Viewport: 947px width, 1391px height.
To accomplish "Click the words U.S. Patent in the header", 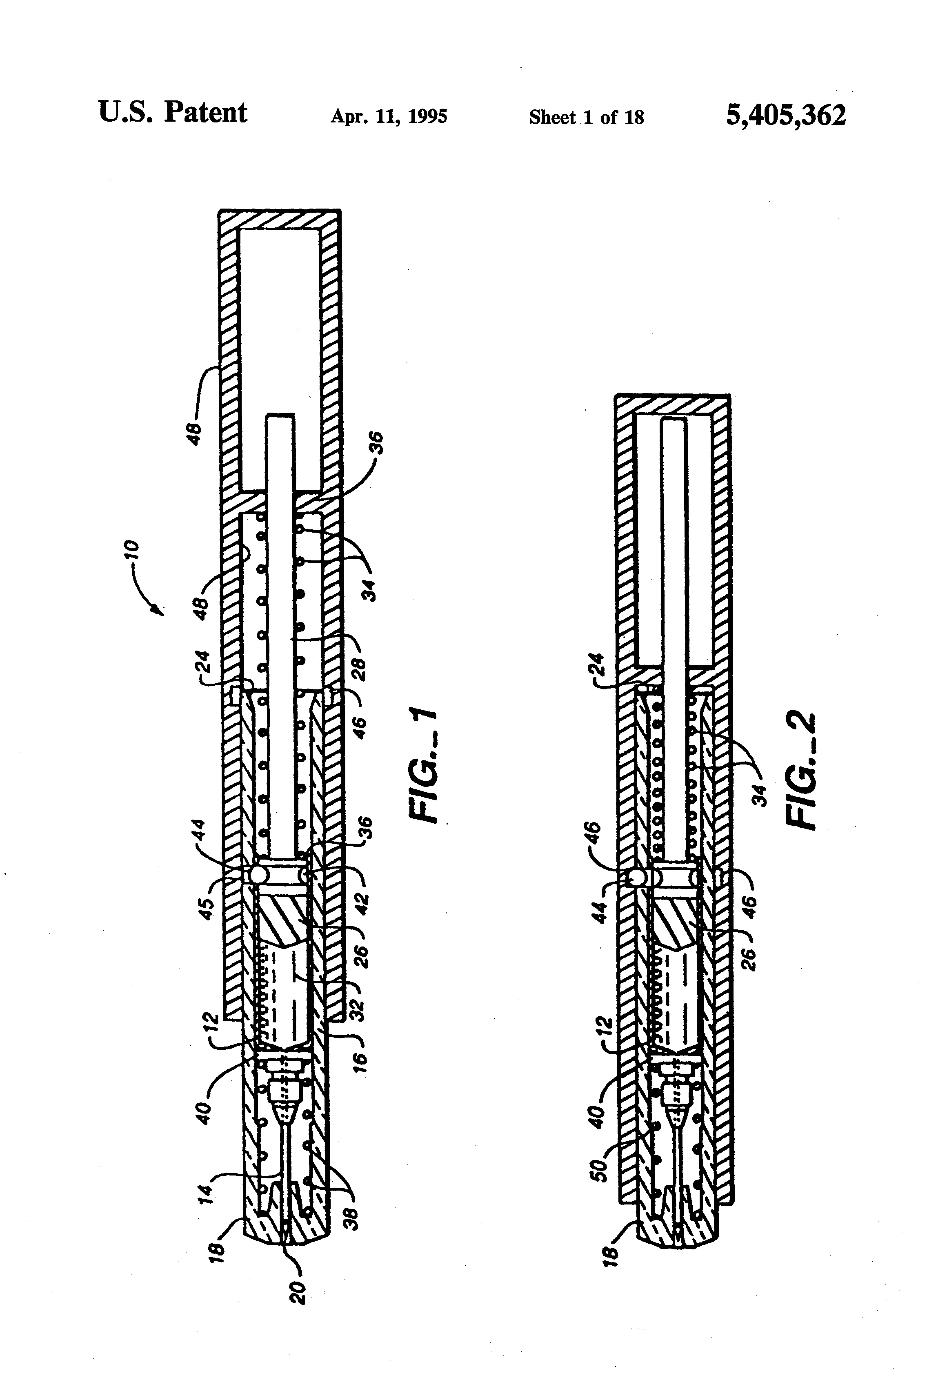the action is coord(172,113).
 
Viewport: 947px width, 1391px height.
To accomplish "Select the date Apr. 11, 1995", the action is coord(389,116).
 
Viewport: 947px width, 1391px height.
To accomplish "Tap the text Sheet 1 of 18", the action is coord(586,117).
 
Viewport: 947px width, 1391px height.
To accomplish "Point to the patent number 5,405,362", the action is coord(786,114).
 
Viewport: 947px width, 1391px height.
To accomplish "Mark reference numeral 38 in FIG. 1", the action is coord(353,1219).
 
